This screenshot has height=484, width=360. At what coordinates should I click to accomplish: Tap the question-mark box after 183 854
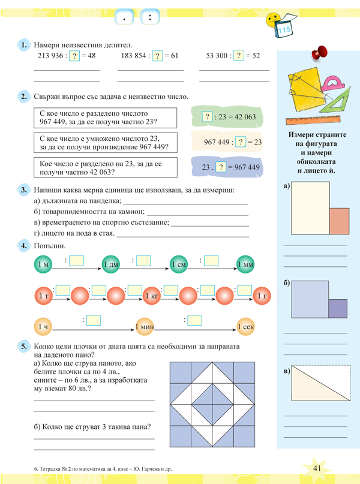(157, 56)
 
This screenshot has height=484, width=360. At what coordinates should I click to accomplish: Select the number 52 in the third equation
(256, 56)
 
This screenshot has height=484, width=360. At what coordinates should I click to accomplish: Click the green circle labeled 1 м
(44, 265)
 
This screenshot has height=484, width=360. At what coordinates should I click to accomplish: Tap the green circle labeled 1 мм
(245, 265)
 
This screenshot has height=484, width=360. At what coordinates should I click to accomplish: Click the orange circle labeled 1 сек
(246, 327)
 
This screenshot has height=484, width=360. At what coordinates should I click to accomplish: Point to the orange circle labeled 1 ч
(43, 327)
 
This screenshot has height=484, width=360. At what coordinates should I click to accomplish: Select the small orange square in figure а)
(340, 221)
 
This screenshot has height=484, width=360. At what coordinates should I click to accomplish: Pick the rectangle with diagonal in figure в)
(320, 384)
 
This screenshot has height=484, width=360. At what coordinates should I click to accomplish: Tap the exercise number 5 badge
(23, 346)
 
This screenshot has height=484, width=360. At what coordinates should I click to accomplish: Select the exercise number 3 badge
(23, 191)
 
